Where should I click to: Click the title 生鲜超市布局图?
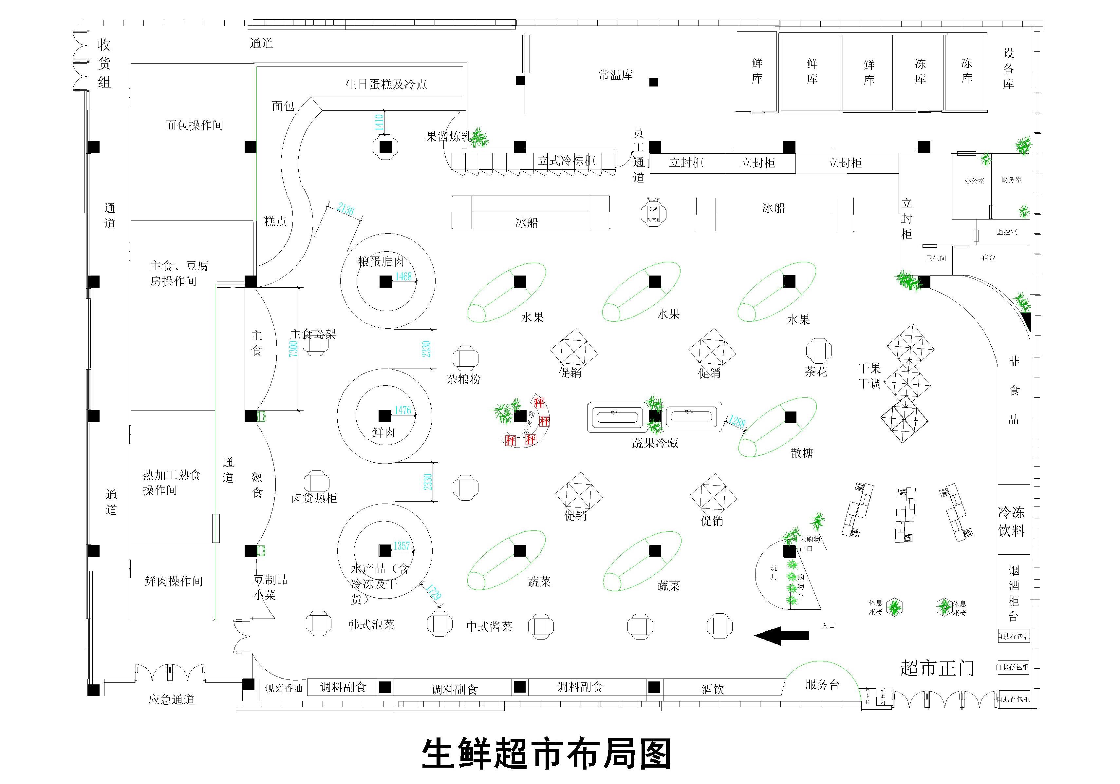pyautogui.click(x=546, y=754)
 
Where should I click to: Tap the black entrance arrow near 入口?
pyautogui.click(x=781, y=635)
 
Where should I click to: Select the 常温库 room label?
pyautogui.click(x=616, y=75)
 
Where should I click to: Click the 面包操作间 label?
pyautogui.click(x=194, y=125)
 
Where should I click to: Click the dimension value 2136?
pyautogui.click(x=345, y=209)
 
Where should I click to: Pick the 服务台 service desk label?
pyautogui.click(x=822, y=684)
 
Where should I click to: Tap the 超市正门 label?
pyautogui.click(x=937, y=668)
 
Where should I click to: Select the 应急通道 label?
pyautogui.click(x=171, y=699)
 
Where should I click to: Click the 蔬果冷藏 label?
pyautogui.click(x=655, y=443)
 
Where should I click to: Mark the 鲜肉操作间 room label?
pyautogui.click(x=174, y=581)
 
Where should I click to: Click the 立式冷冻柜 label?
pyautogui.click(x=567, y=161)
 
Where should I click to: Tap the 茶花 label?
pyautogui.click(x=816, y=372)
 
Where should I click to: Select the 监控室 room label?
pyautogui.click(x=1007, y=232)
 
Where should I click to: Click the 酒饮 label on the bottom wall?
pyautogui.click(x=712, y=689)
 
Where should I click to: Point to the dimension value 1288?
pyautogui.click(x=737, y=421)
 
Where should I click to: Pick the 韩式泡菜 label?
pyautogui.click(x=371, y=624)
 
